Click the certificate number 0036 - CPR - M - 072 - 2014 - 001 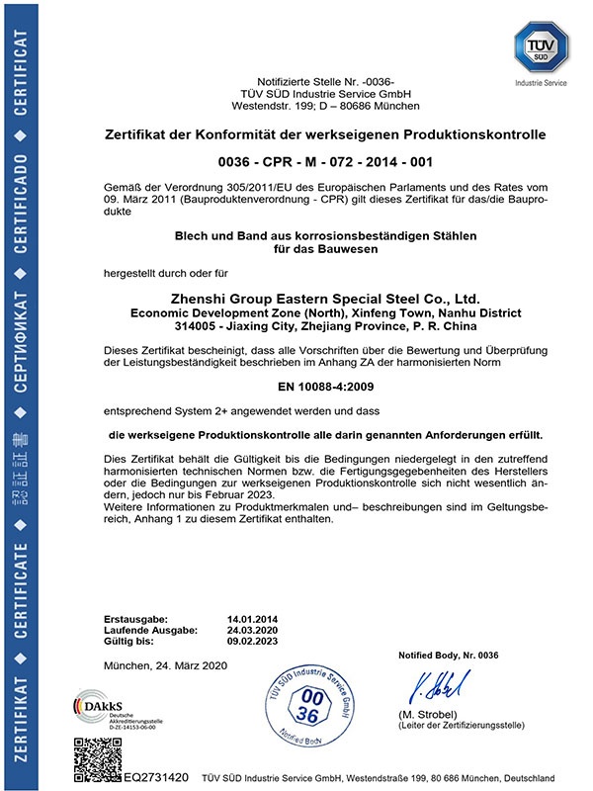tap(325, 160)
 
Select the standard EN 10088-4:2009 tap(325, 388)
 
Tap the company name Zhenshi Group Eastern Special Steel tap(325, 297)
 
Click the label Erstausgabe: tap(135, 618)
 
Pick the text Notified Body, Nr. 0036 tap(450, 657)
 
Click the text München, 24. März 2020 tap(165, 665)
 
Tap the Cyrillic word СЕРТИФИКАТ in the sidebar tap(21, 308)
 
